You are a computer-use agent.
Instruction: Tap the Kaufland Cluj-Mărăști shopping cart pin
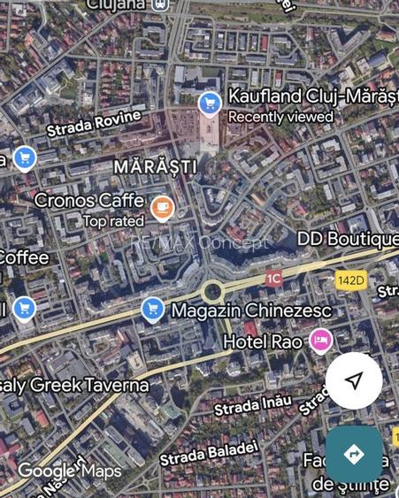click(210, 103)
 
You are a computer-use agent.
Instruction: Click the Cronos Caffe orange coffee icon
click(162, 208)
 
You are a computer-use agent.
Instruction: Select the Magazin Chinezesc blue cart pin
click(152, 309)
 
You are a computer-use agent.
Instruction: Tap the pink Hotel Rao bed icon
click(320, 340)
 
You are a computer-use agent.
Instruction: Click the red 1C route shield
click(273, 278)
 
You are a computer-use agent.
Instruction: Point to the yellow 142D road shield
click(350, 280)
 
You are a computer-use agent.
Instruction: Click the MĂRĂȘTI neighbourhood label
click(154, 166)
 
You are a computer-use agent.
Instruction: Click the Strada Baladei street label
click(209, 452)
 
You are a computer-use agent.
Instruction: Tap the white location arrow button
click(354, 380)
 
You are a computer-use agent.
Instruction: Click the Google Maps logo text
click(69, 471)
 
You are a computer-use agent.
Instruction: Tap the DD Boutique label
click(347, 239)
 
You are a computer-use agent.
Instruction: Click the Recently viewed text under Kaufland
click(280, 117)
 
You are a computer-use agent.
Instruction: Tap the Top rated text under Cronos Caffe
click(113, 221)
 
